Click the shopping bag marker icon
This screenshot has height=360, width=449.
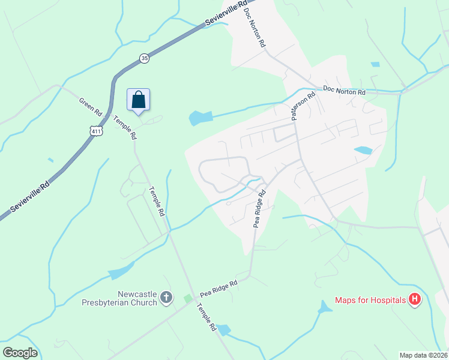(138, 99)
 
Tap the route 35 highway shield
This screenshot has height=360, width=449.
(144, 58)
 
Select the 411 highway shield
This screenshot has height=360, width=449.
(95, 131)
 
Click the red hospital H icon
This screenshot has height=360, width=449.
(414, 299)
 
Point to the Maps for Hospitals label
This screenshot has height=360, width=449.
(370, 300)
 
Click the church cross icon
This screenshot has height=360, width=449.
(166, 297)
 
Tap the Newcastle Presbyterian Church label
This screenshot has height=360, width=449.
(121, 298)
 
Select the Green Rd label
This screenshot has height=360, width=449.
(91, 106)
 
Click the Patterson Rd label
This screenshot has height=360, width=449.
(303, 106)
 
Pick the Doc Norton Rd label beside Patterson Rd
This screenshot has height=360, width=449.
(344, 91)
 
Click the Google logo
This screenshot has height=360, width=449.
(20, 352)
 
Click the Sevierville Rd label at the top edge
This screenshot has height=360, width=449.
(226, 13)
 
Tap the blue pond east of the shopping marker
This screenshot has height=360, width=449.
(200, 118)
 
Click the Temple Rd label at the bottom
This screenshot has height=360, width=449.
(205, 317)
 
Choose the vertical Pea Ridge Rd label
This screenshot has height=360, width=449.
(259, 209)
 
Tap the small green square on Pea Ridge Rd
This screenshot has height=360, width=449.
(188, 299)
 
